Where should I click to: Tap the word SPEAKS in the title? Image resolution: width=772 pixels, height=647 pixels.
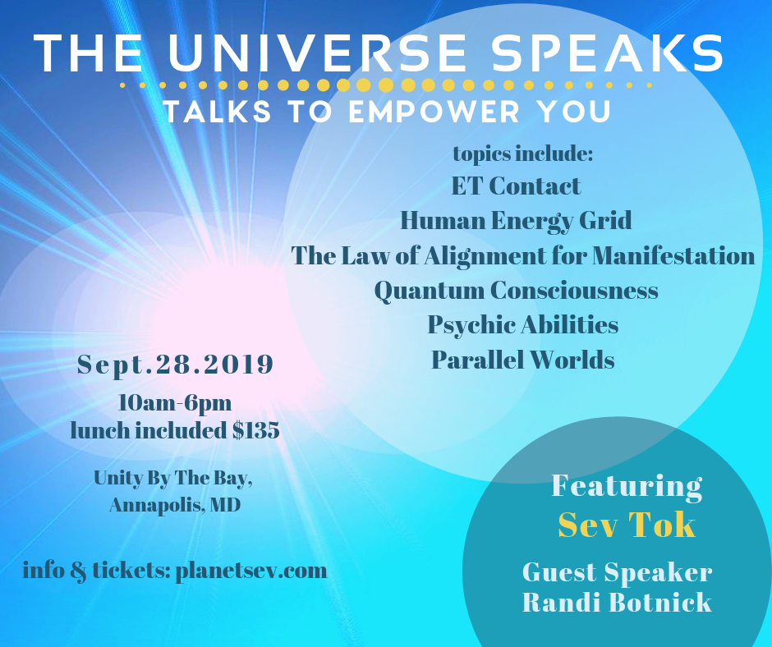pos(608,53)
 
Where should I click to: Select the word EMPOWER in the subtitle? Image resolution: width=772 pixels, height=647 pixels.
pos(434,112)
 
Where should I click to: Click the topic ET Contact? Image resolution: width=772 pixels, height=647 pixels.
pos(516,186)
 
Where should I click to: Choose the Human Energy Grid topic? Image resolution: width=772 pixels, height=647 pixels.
pos(516,221)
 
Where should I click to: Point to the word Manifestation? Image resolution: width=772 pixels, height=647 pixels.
pos(673,255)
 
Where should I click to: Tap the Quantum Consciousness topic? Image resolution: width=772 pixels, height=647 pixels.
pos(516,291)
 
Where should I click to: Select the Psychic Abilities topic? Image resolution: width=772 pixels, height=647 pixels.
pos(523,325)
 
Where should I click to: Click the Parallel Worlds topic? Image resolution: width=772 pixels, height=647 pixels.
pos(523,360)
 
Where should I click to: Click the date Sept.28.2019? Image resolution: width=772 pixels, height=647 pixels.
pos(175,365)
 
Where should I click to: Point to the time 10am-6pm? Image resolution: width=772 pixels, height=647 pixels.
pos(175,403)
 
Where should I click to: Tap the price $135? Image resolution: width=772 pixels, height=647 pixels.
pos(256,430)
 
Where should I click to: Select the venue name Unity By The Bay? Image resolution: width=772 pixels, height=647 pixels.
pos(172,478)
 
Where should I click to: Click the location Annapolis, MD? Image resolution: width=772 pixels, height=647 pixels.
pos(175,505)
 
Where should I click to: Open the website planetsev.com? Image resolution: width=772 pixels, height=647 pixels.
pos(251,571)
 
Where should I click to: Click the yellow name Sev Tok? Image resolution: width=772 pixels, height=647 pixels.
pos(627,525)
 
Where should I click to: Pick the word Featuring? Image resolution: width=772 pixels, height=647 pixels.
pos(627,486)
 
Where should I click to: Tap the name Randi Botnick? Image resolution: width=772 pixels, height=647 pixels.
pos(617,603)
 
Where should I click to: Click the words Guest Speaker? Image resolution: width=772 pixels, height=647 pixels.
pos(617,572)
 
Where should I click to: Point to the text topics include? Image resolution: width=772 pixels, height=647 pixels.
pos(523,154)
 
